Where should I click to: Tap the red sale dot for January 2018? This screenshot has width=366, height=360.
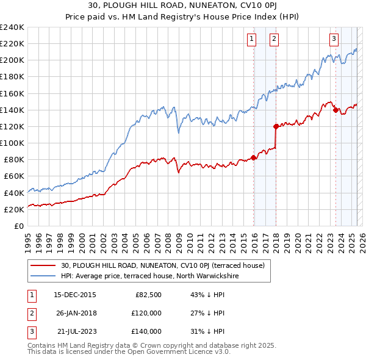pyautogui.click(x=276, y=127)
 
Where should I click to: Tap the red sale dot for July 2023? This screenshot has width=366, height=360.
pyautogui.click(x=335, y=110)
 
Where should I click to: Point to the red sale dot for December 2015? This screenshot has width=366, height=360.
pyautogui.click(x=253, y=158)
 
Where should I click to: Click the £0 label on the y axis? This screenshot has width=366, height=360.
pyautogui.click(x=18, y=226)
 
